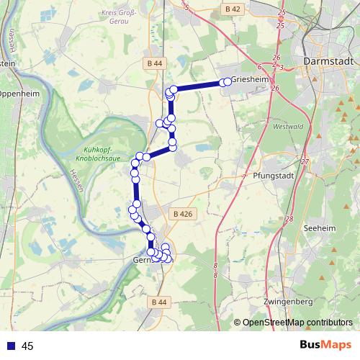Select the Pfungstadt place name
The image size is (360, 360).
point(271,175)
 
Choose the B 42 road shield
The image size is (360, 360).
point(232,9)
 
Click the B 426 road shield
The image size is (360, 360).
point(183,214)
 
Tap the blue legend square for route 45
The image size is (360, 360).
point(9,346)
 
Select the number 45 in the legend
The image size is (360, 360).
point(28,346)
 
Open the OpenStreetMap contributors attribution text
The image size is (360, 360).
point(297,323)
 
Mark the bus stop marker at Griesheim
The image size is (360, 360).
point(228,81)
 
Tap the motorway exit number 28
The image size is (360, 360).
point(289,219)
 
